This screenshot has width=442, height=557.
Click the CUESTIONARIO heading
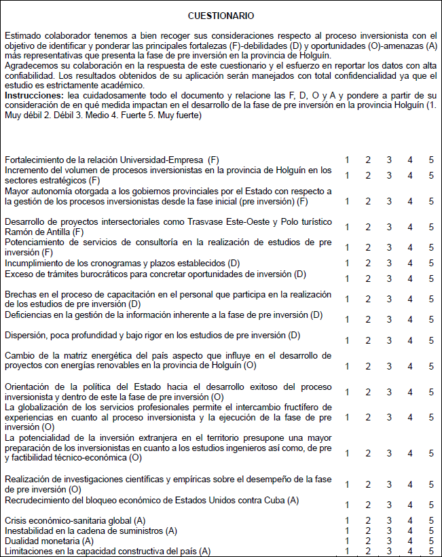(221, 15)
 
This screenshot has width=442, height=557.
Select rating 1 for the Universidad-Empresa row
(347, 160)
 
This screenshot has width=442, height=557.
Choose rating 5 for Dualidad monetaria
(431, 541)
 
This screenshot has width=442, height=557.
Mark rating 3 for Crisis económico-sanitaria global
(389, 520)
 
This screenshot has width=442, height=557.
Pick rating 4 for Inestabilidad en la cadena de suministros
(410, 531)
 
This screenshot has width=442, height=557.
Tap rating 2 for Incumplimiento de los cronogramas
(368, 263)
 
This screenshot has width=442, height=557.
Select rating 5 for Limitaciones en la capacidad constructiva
(431, 551)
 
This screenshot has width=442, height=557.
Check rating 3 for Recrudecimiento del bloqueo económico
(389, 505)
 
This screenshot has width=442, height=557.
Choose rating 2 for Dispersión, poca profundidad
(368, 340)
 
